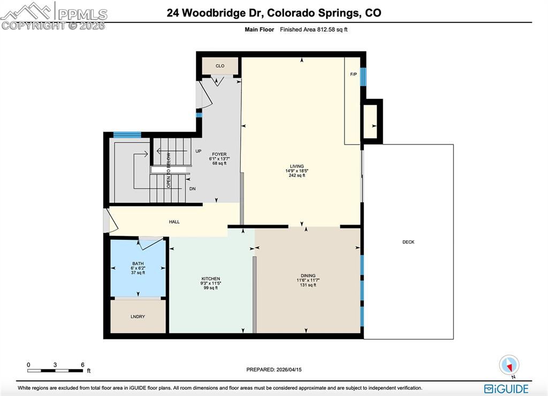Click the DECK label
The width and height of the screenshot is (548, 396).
(x=408, y=242)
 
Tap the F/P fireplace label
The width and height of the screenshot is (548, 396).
(x=353, y=74)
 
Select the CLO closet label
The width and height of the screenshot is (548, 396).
(x=220, y=66)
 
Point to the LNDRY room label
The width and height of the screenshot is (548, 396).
(x=138, y=317)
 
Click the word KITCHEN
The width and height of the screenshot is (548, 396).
(x=211, y=279)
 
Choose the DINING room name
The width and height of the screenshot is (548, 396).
(x=308, y=276)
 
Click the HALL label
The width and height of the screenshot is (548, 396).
(x=174, y=222)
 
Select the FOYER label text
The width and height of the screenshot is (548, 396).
(x=219, y=155)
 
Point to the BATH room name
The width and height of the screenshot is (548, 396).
(x=138, y=263)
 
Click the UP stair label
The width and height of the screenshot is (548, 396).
(x=198, y=151)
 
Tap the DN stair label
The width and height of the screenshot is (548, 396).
(x=192, y=188)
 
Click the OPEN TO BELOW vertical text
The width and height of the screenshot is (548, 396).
(x=169, y=170)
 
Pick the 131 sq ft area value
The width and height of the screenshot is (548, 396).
(x=308, y=285)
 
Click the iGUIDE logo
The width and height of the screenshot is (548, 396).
(x=506, y=389)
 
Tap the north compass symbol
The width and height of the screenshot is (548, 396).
(x=509, y=365)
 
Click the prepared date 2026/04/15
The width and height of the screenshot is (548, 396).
(x=292, y=370)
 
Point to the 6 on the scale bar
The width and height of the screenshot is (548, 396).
(x=82, y=365)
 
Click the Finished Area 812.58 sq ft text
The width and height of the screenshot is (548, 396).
(x=314, y=30)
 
